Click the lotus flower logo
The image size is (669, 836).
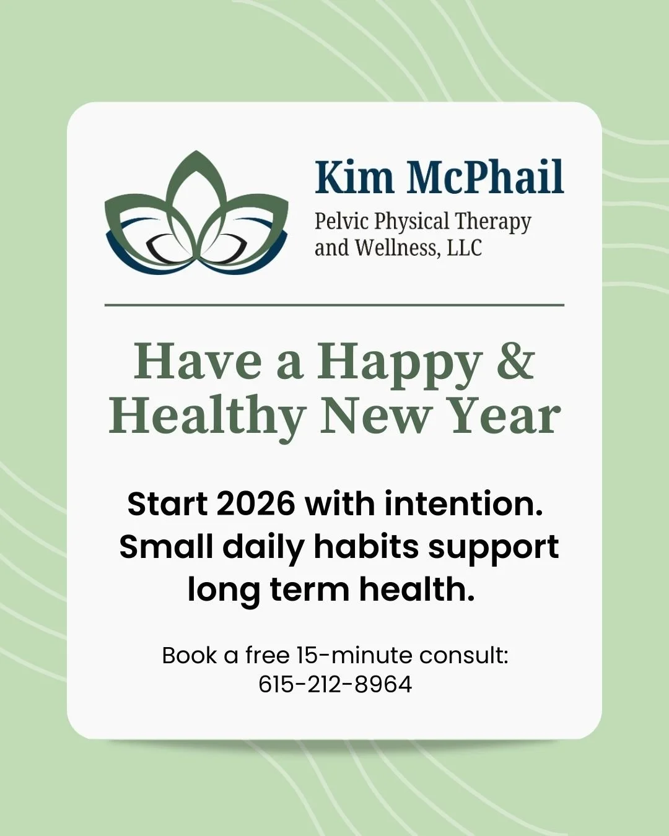point(197,214)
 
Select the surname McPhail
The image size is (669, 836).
point(485,178)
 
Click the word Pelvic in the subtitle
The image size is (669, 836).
point(341,221)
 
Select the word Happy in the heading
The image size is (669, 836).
point(400,364)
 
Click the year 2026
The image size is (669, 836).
point(255,503)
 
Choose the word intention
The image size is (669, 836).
point(463,503)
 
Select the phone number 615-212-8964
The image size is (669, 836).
point(335,684)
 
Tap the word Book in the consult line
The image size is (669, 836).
point(190,655)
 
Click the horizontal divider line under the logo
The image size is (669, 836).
point(334,305)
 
